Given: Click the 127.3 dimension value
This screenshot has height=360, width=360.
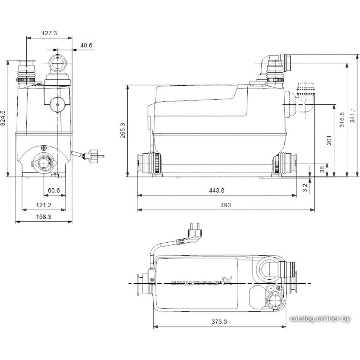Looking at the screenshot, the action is tap(49, 33).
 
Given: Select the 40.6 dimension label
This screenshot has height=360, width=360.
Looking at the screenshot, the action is tap(86, 45).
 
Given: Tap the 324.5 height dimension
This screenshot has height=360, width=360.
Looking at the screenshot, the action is tap(3, 118).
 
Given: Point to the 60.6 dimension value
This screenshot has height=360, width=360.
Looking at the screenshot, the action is tap(54, 190).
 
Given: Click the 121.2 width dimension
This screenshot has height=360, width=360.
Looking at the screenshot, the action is tap(44, 205).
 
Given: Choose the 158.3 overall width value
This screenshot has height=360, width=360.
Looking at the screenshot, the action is tap(44, 217).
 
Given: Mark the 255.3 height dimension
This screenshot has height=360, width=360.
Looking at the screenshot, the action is tap(123, 130).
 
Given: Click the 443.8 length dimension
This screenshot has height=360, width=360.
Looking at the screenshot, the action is tap(216, 190).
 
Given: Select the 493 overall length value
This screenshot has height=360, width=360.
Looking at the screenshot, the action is tap(226, 205).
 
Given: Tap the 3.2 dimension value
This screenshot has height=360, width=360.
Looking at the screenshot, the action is tap(305, 188).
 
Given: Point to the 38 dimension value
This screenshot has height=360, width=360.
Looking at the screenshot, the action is tap(322, 170).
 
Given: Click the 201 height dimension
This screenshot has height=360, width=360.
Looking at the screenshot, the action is tap(329, 140).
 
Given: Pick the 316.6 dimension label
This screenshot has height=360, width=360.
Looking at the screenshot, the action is tap(342, 120).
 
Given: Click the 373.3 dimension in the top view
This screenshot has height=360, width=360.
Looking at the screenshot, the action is tap(219, 321).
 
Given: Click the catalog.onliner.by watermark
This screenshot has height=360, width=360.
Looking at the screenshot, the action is tap(320, 319).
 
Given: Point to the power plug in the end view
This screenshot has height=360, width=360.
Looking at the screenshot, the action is tap(94, 156).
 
